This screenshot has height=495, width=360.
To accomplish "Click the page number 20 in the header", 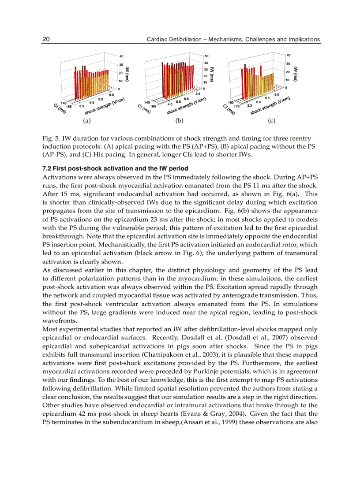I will tap(45, 40).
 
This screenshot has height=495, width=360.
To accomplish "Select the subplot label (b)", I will tap(179, 120).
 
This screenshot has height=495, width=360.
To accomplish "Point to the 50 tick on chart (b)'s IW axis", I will tap(206, 56).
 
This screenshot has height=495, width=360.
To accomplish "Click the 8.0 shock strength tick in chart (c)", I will tap(277, 95).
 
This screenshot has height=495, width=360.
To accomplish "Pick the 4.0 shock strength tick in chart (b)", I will tap(170, 104).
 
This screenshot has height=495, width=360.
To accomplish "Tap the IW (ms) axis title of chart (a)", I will tap(127, 73).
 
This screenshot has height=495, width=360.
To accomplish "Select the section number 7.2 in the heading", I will tap(47, 169).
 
